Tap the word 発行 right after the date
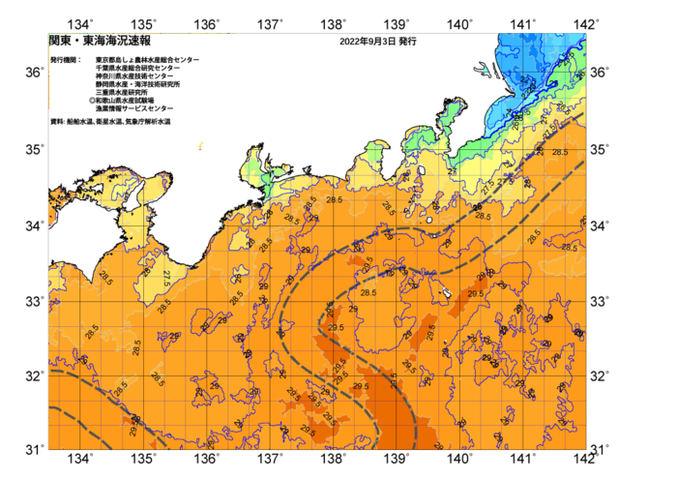(x=407, y=42)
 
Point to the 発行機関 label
(x=66, y=60)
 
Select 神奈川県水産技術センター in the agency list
(x=134, y=76)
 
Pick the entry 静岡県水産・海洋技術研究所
(x=137, y=84)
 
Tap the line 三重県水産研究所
(x=121, y=93)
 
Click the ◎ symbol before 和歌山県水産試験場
(x=92, y=101)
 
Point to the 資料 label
(x=56, y=122)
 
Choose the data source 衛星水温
(x=107, y=122)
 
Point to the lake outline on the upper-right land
(x=481, y=69)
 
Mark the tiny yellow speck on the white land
(x=200, y=146)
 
